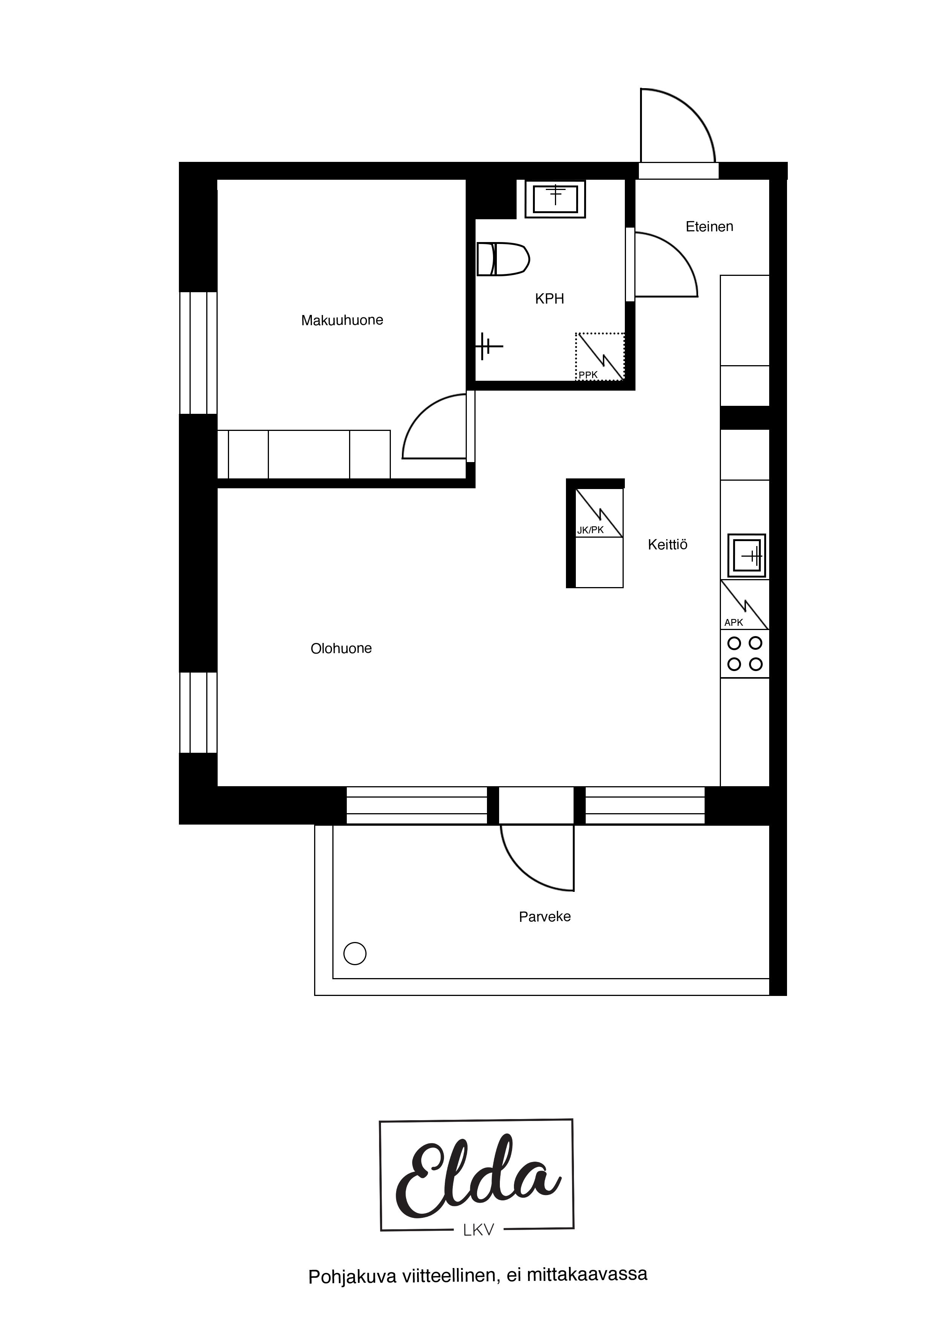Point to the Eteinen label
click(x=709, y=226)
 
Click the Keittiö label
click(x=667, y=545)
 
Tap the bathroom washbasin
click(x=555, y=199)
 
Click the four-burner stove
click(x=744, y=654)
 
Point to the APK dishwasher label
click(x=733, y=622)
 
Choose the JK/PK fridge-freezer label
click(x=590, y=529)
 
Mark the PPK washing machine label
click(x=588, y=375)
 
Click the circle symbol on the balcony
click(x=355, y=953)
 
